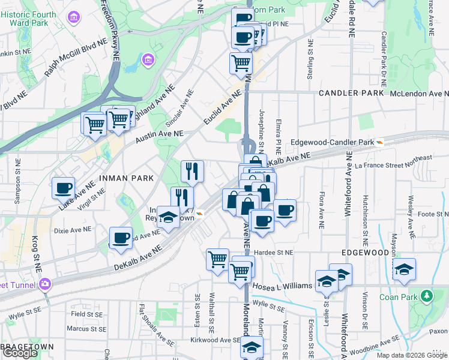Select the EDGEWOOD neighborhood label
pyautogui.click(x=363, y=253)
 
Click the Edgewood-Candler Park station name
pyautogui.click(x=331, y=142)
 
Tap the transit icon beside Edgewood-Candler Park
pyautogui.click(x=379, y=142)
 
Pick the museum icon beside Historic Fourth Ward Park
pyautogui.click(x=74, y=17)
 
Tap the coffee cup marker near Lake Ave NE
pyautogui.click(x=63, y=188)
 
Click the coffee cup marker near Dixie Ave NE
pyautogui.click(x=121, y=238)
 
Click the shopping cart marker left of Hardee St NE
pyautogui.click(x=217, y=259)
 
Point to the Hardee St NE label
pyautogui.click(x=273, y=253)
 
